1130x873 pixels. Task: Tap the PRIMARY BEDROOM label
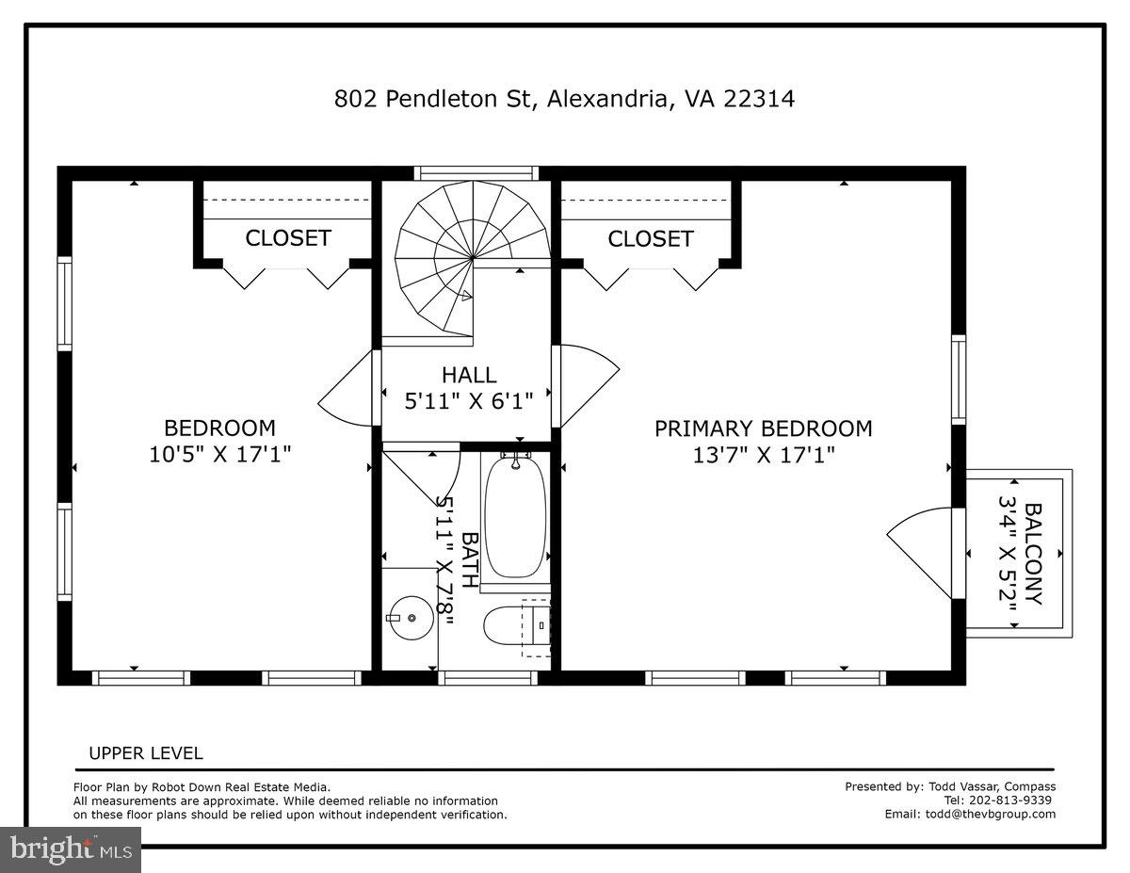[763, 429]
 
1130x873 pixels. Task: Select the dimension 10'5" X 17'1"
[220, 454]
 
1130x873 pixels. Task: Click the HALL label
[469, 376]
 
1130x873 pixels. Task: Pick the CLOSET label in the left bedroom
[288, 238]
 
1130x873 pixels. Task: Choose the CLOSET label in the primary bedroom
[651, 239]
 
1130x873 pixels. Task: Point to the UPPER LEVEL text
[145, 753]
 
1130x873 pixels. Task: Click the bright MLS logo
[71, 849]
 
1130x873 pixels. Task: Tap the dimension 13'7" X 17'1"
[763, 455]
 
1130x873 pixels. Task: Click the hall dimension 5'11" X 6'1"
[469, 399]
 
